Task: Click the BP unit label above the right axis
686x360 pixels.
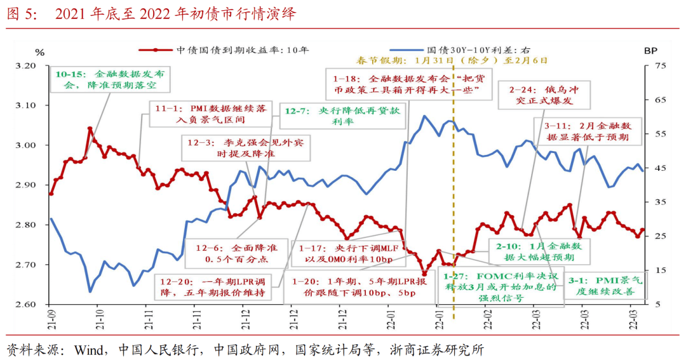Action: pos(650,51)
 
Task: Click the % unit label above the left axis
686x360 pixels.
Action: pos(40,52)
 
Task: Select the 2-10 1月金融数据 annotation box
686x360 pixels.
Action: pos(532,252)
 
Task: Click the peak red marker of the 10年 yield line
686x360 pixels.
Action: pos(90,129)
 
